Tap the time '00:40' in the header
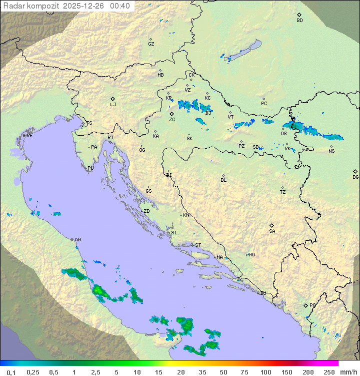coord(119,6)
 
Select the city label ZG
coord(172,120)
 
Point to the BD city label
coord(299,21)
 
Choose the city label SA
coord(272,231)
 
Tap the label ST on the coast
coord(198,245)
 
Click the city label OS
coord(283,134)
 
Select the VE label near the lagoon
coord(29,136)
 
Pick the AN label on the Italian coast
coord(77,240)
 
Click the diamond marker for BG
coord(355,171)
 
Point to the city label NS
coord(331,151)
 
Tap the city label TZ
coord(283,192)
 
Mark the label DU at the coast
coord(262,293)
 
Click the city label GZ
coord(151,44)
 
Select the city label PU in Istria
coord(90,168)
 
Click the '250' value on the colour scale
coord(329,372)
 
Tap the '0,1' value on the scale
coord(11,372)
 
